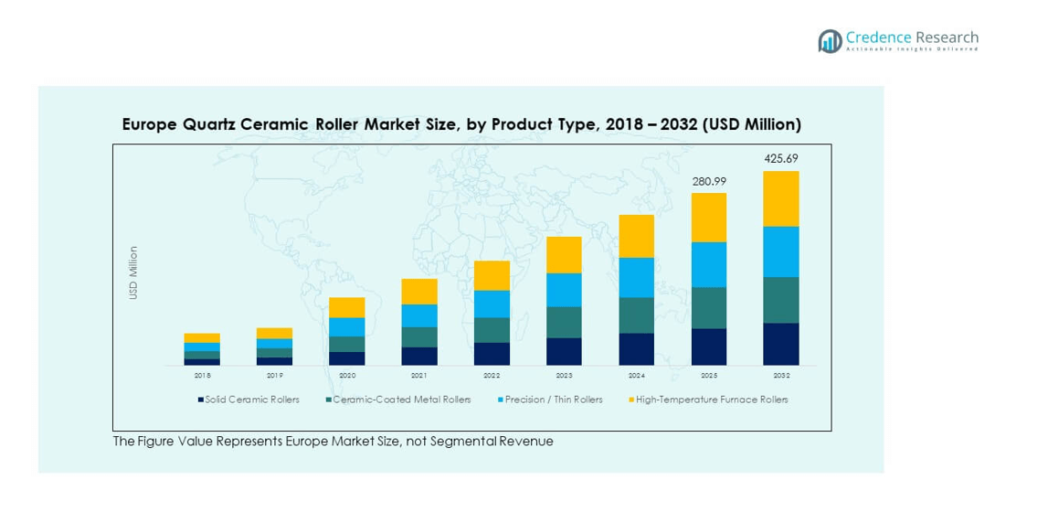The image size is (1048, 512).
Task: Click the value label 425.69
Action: click(x=781, y=159)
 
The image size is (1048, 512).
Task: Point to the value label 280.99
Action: click(x=708, y=181)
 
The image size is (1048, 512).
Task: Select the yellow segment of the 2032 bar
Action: click(x=781, y=198)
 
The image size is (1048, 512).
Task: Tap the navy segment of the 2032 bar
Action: click(x=781, y=344)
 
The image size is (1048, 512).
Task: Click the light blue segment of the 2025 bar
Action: click(x=709, y=264)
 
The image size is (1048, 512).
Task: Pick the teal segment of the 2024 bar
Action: click(x=637, y=315)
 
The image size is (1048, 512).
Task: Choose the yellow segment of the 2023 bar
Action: click(x=564, y=254)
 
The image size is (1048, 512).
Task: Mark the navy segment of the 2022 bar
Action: click(x=492, y=354)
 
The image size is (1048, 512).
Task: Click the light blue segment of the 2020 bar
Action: click(x=347, y=326)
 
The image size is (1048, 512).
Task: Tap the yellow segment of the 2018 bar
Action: click(x=202, y=337)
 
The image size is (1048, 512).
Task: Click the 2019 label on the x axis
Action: click(x=274, y=375)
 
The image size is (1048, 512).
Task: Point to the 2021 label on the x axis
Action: click(x=419, y=375)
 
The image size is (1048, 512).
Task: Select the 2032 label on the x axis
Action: click(x=781, y=375)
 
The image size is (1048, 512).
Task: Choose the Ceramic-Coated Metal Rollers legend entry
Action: click(x=398, y=400)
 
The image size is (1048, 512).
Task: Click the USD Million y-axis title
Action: click(x=133, y=272)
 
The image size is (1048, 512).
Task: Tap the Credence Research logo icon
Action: click(x=830, y=41)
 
